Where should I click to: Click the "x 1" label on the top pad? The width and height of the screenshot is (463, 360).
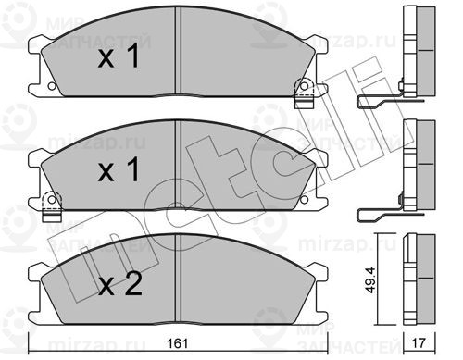pyautogui.click(x=119, y=58)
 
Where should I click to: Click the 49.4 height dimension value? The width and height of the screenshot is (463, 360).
pyautogui.click(x=370, y=277)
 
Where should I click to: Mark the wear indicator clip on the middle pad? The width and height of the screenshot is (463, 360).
pyautogui.click(x=51, y=200)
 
